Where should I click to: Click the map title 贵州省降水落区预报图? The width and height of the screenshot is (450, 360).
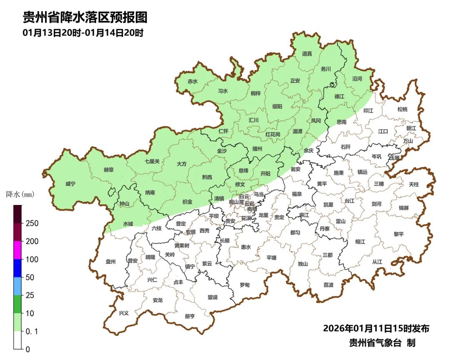(x=85, y=17)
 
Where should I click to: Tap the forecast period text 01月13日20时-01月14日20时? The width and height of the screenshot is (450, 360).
(x=83, y=33)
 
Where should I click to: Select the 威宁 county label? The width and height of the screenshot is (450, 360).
(x=71, y=184)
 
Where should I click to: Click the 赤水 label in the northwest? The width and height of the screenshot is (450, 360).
(x=192, y=82)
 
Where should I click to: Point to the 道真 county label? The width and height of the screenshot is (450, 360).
(x=307, y=54)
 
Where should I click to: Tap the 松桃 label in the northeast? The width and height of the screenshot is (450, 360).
(x=402, y=110)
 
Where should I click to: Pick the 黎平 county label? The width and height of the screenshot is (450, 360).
(x=399, y=234)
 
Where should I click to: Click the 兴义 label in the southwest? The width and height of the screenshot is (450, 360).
(x=124, y=313)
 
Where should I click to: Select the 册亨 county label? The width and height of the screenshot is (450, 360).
(x=190, y=316)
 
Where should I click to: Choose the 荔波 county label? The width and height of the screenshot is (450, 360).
(x=328, y=285)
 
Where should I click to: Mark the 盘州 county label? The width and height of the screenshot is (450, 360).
(x=110, y=262)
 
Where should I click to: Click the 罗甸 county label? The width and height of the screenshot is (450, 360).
(x=245, y=285)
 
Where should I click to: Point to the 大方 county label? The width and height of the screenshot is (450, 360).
(x=182, y=164)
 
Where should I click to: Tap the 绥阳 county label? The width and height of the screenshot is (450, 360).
(x=277, y=107)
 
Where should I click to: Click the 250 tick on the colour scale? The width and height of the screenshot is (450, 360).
(x=32, y=223)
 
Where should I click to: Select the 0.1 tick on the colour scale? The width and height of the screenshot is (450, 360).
(x=32, y=331)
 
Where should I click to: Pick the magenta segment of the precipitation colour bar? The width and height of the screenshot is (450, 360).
(x=17, y=250)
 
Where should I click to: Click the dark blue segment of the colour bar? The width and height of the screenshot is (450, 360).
(x=17, y=268)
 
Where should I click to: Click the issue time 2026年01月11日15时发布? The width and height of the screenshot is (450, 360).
(x=376, y=328)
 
